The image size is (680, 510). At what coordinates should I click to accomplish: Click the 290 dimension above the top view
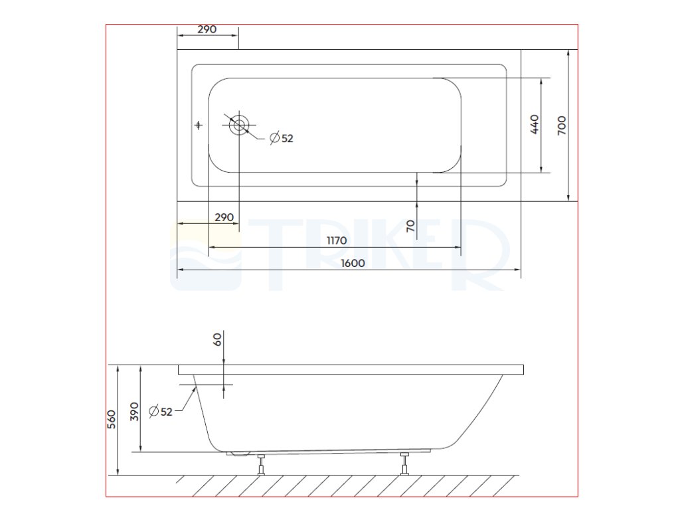coord(208,30)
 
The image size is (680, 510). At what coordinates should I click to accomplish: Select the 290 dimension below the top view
coord(224,217)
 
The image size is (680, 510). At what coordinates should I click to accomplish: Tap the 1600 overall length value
coord(353,263)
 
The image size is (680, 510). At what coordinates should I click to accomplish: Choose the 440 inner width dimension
coord(535,125)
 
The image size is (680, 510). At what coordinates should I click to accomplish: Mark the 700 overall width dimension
coord(561,125)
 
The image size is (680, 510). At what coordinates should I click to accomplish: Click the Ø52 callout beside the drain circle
coord(282,138)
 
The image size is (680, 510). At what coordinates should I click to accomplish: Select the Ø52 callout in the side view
coord(161,411)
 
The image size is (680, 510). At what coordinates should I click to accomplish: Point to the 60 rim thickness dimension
coord(216,339)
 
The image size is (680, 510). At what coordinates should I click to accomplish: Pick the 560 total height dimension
coord(112,420)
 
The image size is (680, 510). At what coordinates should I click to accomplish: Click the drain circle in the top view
coord(240,125)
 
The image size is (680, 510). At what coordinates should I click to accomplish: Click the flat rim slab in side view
coord(350,369)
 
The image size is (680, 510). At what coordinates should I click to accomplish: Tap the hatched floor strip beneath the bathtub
coord(345,485)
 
